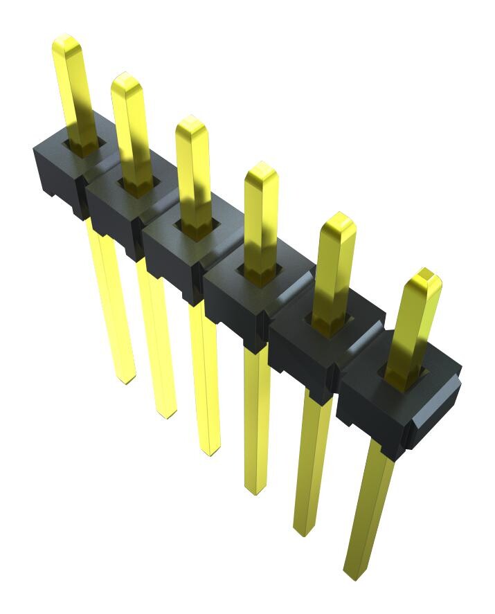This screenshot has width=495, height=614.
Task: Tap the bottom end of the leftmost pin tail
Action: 125,379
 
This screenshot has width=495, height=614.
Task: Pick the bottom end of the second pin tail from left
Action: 166,414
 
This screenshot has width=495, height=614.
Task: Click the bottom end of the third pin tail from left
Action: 210,451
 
